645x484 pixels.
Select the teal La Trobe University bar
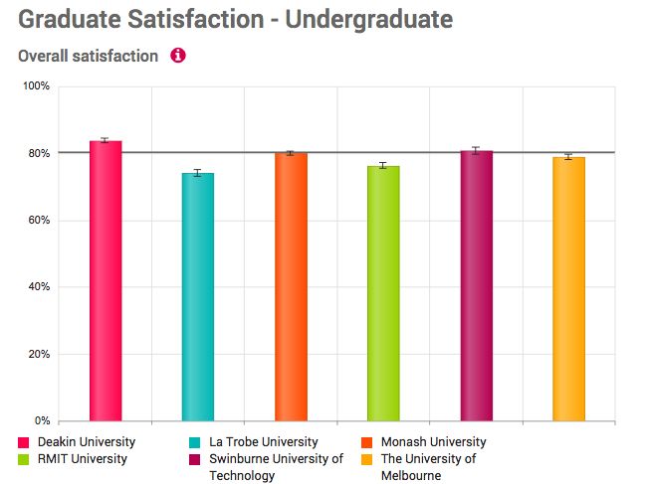[x=198, y=297]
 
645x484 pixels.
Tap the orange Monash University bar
[x=291, y=287]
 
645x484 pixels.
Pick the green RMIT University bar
[x=383, y=293]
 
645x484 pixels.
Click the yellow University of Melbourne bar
[x=568, y=289]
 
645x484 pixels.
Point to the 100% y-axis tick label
[x=37, y=87]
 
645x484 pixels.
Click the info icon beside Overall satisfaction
[x=178, y=56]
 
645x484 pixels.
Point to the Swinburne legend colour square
[x=194, y=459]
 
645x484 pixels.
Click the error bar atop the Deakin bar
[x=106, y=141]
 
